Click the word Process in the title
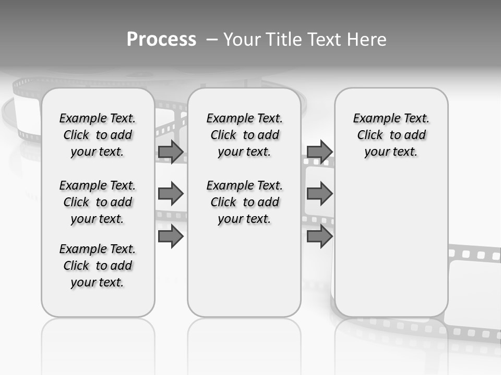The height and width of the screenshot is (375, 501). (x=161, y=39)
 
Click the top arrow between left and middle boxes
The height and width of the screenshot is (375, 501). (x=171, y=152)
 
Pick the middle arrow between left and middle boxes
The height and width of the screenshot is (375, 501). (x=171, y=194)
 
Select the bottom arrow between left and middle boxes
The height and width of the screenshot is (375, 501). (x=171, y=236)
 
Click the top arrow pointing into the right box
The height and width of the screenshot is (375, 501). (x=319, y=152)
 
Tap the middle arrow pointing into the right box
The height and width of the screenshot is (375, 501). (x=319, y=194)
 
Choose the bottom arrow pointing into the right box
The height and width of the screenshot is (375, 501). (x=319, y=236)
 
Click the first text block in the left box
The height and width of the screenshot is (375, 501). (x=98, y=135)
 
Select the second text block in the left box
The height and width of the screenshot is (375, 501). (x=98, y=202)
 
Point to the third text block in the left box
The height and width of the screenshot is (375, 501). (x=98, y=266)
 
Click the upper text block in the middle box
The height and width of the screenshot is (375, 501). (x=244, y=135)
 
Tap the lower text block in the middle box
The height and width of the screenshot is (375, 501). (x=244, y=202)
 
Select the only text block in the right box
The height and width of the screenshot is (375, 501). (x=391, y=135)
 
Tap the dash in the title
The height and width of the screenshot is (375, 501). (x=212, y=40)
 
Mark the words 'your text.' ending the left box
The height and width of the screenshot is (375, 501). (x=98, y=282)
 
